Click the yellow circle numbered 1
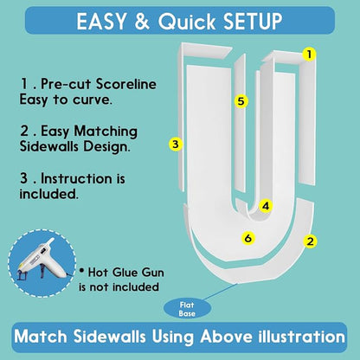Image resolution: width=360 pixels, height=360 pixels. pos(309,55)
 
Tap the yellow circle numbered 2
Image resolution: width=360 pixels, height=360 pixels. pos(310,241)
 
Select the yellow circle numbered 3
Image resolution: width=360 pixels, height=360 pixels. pos(176,144)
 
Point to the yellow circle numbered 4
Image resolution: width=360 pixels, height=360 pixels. pos(266,206)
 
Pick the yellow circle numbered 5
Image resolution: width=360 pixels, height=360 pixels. pos(241,101)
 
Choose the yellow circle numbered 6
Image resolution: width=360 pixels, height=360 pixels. pos(248,238)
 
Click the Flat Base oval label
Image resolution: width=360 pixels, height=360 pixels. pos(187,309)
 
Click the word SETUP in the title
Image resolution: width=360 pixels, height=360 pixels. pos(253,22)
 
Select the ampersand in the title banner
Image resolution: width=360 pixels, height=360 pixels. pos(142,22)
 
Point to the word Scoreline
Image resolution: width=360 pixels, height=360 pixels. pos(126,84)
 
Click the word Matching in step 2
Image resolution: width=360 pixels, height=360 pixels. pos(106,132)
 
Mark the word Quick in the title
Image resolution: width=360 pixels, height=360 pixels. pos(187,22)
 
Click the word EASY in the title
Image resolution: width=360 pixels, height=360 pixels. pos(101,22)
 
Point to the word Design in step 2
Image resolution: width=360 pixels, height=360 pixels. pos(106,146)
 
